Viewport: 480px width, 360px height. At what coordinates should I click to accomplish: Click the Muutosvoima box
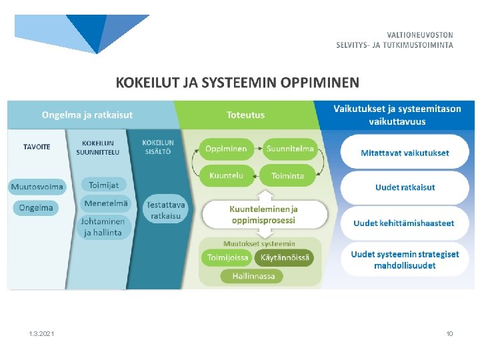point(37,187)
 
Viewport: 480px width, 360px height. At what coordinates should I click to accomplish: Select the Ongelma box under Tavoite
point(36,208)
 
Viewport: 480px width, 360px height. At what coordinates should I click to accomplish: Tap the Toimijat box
point(104,185)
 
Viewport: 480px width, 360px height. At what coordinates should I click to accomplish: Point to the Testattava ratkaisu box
point(166,210)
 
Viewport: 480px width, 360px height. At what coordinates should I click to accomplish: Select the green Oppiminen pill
point(226,149)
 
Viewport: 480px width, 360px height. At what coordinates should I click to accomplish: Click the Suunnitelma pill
point(290,149)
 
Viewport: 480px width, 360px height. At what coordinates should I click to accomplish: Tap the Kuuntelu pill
point(226,176)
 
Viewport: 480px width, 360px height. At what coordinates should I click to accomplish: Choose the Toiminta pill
point(287,176)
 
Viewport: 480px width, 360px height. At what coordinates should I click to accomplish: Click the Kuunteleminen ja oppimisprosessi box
point(264,214)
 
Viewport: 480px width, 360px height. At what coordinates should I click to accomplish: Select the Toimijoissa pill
point(228,257)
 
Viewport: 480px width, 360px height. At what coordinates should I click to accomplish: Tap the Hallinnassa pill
point(253,276)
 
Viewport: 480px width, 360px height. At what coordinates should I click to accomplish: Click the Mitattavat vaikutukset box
point(405,153)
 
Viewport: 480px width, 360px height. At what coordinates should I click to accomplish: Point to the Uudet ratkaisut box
point(405,187)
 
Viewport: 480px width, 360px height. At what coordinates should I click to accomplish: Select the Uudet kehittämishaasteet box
point(405,223)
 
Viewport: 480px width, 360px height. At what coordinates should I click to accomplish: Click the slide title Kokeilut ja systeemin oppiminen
point(237,83)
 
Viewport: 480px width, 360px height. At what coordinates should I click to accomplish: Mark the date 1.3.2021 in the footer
point(41,333)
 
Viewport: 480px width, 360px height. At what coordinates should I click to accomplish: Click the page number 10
point(449,333)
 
